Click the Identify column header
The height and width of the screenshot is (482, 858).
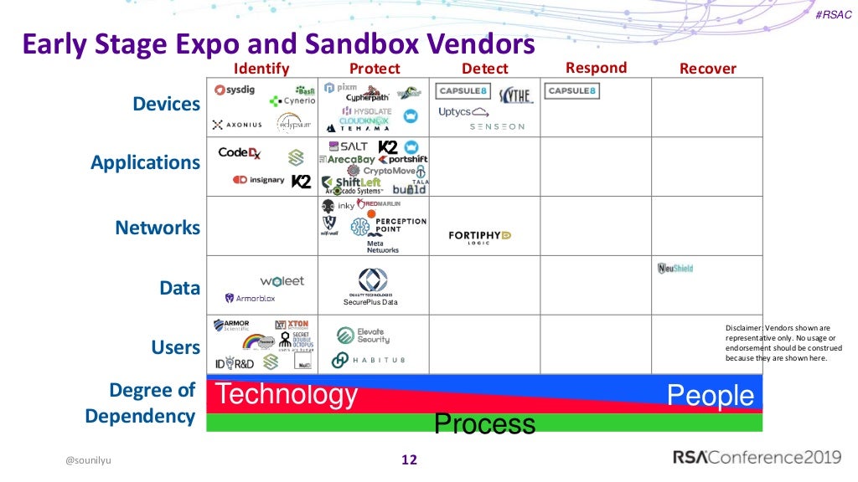pyautogui.click(x=261, y=69)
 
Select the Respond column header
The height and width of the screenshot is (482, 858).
pyautogui.click(x=596, y=68)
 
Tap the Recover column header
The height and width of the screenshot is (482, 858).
pyautogui.click(x=707, y=69)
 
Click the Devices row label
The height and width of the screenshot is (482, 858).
pyautogui.click(x=167, y=105)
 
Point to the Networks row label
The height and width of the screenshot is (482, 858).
pyautogui.click(x=158, y=228)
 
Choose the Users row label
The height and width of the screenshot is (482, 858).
pyautogui.click(x=176, y=346)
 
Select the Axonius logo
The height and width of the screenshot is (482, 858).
pyautogui.click(x=237, y=125)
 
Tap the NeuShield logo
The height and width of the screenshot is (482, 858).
pyautogui.click(x=675, y=269)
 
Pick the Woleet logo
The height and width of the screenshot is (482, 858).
pyautogui.click(x=282, y=281)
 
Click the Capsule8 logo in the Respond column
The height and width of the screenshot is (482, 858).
pyautogui.click(x=571, y=91)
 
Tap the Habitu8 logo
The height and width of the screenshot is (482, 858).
pyautogui.click(x=368, y=360)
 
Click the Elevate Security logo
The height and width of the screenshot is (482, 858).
pyautogui.click(x=363, y=336)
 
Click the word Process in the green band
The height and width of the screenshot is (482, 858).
pyautogui.click(x=484, y=423)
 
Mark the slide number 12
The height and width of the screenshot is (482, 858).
pyautogui.click(x=410, y=459)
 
